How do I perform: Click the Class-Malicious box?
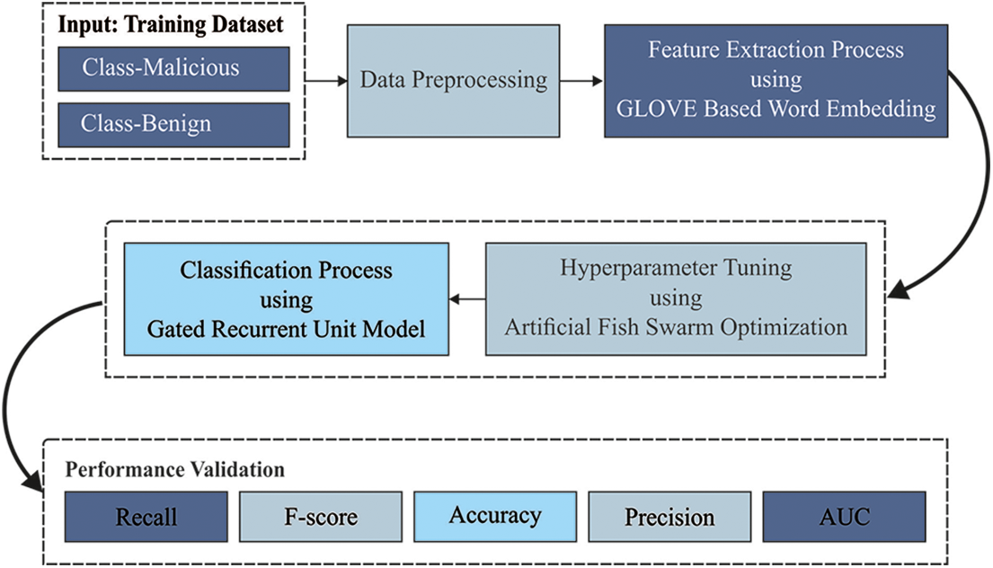click(173, 68)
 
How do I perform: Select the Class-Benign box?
click(173, 124)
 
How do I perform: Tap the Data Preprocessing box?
click(454, 80)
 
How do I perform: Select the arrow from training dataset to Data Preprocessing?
click(326, 81)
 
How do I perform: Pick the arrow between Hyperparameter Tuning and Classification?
click(467, 298)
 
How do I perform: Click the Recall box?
click(146, 518)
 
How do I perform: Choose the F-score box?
click(321, 518)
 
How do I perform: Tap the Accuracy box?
click(495, 516)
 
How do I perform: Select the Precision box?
click(669, 518)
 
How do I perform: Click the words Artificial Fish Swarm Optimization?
click(676, 326)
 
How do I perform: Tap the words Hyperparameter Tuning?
click(676, 268)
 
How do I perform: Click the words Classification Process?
click(287, 270)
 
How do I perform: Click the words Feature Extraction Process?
click(776, 49)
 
